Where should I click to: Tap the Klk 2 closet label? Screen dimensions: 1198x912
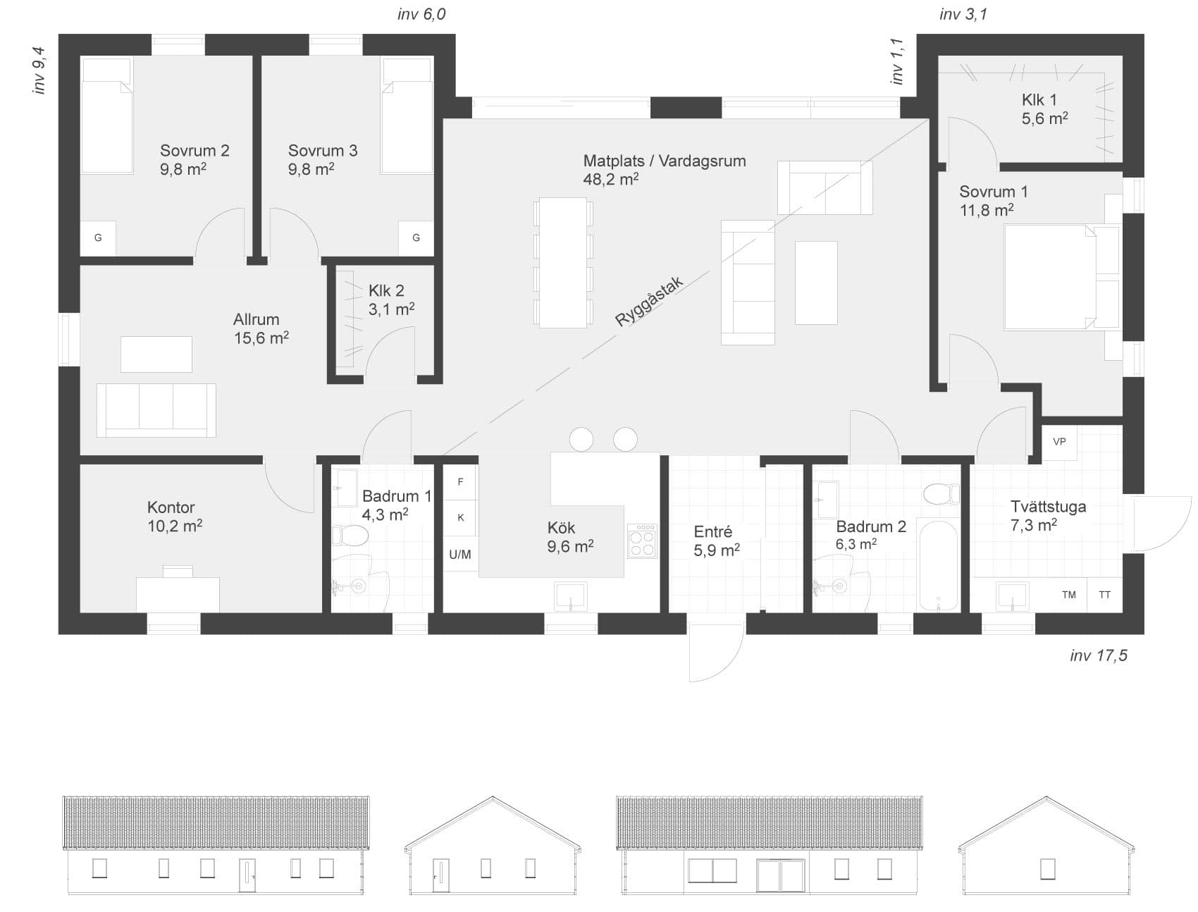point(386,291)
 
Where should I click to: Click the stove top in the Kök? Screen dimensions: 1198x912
point(642,541)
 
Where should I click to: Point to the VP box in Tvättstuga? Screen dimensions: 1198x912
point(1059,442)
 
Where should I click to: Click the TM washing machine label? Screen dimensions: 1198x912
point(1069,595)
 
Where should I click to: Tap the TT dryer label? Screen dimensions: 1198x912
point(1104,595)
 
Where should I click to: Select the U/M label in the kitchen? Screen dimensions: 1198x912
point(460,555)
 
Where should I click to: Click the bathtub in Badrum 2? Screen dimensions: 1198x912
point(939,567)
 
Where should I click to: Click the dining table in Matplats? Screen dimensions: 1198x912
point(563,262)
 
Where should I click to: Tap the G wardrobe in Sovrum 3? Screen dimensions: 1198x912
point(416,238)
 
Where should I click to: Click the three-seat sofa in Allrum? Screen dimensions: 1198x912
point(156,410)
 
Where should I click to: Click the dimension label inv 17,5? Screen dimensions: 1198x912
point(1098,656)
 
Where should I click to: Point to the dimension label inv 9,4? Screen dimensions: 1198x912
point(39,70)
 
